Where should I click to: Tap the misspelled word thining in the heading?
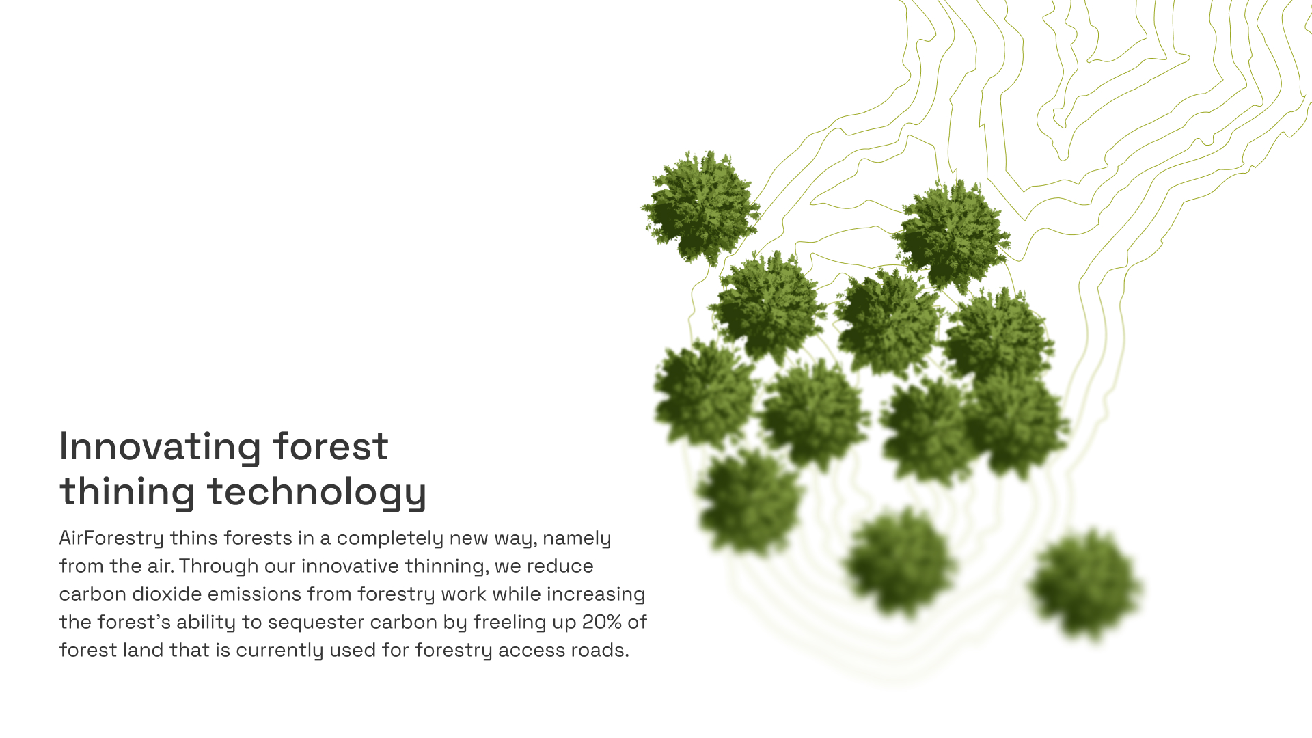(x=127, y=492)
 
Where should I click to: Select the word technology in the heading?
(x=316, y=492)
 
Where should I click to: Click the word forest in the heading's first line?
(x=331, y=447)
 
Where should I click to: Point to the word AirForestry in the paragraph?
(x=111, y=538)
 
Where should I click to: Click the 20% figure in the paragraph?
(x=601, y=622)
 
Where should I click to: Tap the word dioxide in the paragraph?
(x=167, y=594)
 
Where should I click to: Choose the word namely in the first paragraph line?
(x=577, y=538)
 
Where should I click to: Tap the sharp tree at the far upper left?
(x=700, y=207)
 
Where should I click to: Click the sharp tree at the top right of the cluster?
(x=951, y=234)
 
